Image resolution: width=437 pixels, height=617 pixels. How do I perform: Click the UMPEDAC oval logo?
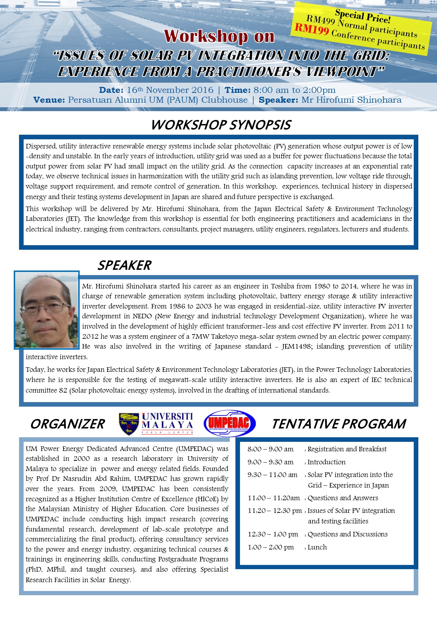click(x=229, y=423)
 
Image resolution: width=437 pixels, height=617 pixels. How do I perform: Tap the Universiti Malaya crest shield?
click(x=129, y=424)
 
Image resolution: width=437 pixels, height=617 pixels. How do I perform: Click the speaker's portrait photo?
click(x=47, y=310)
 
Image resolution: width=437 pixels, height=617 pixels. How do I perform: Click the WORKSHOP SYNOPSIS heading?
click(x=221, y=125)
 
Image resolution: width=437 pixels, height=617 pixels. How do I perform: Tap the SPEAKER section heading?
click(x=124, y=265)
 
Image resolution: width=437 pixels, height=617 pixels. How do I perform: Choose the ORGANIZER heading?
click(x=68, y=424)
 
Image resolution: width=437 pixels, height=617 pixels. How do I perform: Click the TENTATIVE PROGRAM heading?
click(x=339, y=424)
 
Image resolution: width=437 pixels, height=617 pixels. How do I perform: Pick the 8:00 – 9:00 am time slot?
click(x=270, y=449)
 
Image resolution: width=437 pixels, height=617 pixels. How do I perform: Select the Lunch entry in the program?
click(x=317, y=547)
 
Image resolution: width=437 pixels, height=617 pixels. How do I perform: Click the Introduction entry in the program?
click(x=326, y=462)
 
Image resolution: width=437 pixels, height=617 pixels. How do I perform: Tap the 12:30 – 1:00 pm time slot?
click(x=273, y=534)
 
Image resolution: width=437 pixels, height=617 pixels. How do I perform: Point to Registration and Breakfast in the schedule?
click(x=347, y=449)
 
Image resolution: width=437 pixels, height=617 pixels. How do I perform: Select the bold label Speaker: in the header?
click(x=278, y=100)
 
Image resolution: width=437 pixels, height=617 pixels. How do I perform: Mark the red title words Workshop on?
click(x=219, y=36)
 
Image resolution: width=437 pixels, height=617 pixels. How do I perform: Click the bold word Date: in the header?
click(x=111, y=90)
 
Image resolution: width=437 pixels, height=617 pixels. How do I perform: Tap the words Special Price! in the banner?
click(x=363, y=16)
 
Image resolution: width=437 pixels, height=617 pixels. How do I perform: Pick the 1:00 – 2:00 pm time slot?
click(x=271, y=547)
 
